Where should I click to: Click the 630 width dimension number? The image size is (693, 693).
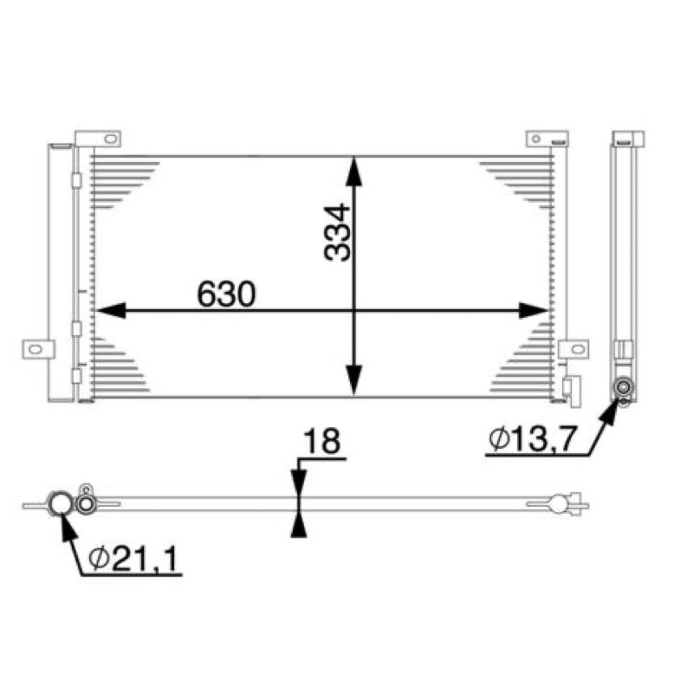226,294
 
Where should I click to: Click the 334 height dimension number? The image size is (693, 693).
338,232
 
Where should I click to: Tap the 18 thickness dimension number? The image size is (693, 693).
321,441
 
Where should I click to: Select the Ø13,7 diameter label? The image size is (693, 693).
533,438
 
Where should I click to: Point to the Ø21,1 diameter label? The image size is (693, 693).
133,558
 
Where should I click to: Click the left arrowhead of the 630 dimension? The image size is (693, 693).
111,311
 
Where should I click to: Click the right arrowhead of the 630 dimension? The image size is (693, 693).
534,311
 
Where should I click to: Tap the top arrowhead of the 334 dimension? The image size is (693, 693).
353,172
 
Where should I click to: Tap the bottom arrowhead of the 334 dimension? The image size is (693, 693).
353,380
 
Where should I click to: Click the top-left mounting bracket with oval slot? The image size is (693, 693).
98,139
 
